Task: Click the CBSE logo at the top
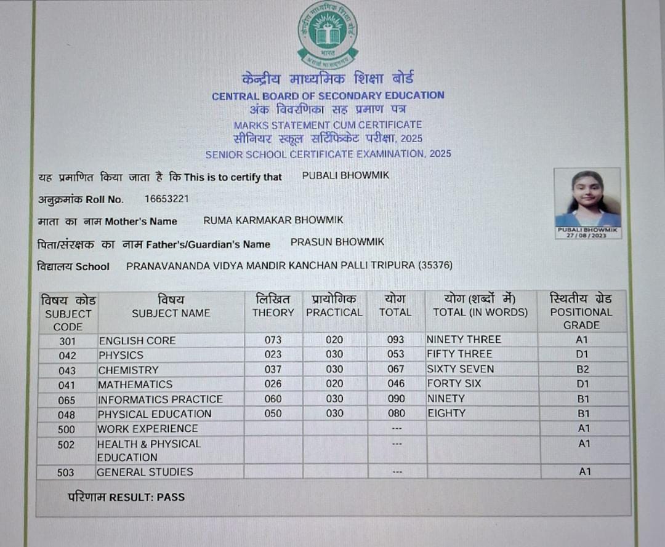328,34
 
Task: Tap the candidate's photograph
587,198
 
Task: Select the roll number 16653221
167,199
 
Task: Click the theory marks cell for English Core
273,340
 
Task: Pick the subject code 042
68,356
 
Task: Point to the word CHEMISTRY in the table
128,370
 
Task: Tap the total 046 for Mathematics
396,384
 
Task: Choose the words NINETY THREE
464,340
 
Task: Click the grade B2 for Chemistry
582,369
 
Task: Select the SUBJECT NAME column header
171,313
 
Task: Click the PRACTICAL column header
334,312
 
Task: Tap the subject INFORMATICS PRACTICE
159,399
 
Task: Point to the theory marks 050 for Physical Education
273,413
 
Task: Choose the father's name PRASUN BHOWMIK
337,242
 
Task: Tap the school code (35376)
435,266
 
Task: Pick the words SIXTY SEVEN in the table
460,369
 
